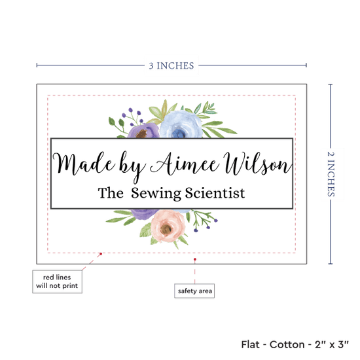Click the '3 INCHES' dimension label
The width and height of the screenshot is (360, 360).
[x=171, y=65]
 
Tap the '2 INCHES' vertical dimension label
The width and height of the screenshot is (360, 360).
[x=331, y=174]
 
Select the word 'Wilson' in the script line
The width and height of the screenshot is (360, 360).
[x=258, y=163]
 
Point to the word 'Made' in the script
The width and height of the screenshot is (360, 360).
[x=84, y=164]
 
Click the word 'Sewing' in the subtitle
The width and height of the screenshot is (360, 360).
[x=156, y=193]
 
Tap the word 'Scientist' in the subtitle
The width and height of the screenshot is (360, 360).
[x=215, y=193]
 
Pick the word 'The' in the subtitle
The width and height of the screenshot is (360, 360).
[x=111, y=192]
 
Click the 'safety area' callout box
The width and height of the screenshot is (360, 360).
[x=194, y=291]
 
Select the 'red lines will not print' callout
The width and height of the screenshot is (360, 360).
[x=57, y=281]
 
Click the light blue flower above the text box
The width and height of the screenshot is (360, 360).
[x=181, y=124]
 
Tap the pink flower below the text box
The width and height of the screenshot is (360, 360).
[x=168, y=226]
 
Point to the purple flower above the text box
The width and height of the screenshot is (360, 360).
[x=144, y=131]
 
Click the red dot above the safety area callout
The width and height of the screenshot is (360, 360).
[x=194, y=259]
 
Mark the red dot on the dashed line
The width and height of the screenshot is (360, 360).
[x=101, y=254]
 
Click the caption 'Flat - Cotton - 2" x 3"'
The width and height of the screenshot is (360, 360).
[x=295, y=344]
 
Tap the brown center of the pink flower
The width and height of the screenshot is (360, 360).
[x=166, y=229]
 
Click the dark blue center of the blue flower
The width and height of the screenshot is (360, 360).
[x=179, y=133]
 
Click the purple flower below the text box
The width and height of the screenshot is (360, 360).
[x=144, y=214]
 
